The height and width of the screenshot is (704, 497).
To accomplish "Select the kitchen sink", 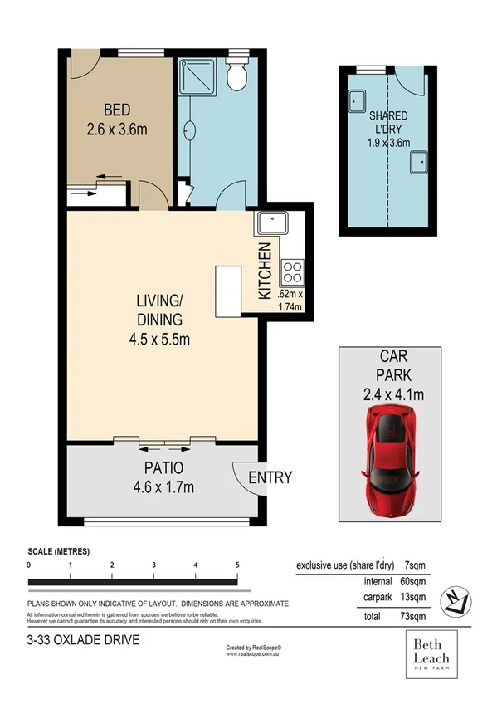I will point(271,223).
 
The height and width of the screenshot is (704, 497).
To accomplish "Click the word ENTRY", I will point(270,477).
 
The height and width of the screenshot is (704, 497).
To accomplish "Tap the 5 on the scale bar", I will point(237,565).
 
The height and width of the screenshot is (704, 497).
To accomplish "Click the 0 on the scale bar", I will point(29,565).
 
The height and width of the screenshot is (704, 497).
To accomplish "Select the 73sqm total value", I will point(415,617).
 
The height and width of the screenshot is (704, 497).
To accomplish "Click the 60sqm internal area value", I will point(415,582).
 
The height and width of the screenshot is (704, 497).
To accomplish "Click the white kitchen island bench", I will point(227,291).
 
